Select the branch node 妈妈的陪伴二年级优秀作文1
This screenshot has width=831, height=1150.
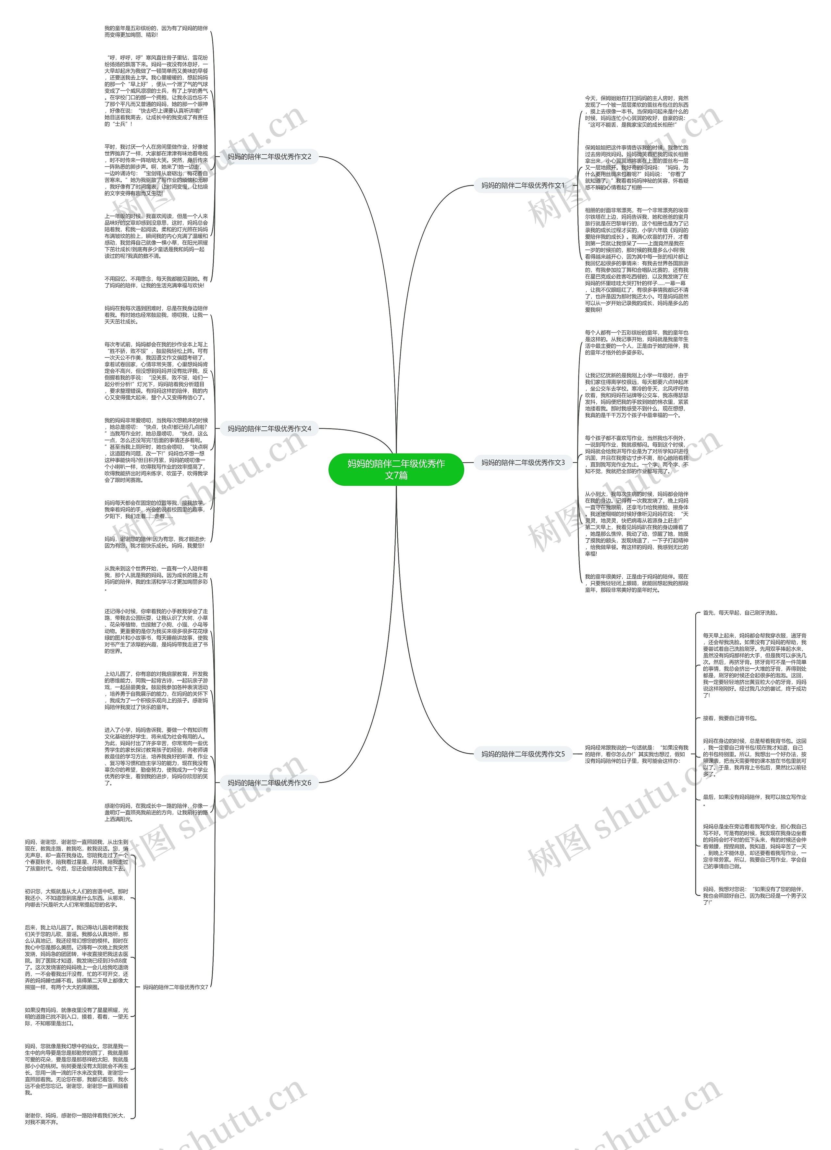[523, 186]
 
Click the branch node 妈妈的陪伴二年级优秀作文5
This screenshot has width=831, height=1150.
[523, 754]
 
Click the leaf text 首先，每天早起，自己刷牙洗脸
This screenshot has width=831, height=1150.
[740, 612]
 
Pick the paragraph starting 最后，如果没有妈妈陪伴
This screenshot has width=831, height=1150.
[754, 800]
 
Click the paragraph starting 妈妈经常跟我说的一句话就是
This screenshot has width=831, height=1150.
[636, 754]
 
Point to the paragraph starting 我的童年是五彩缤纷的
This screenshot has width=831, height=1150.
[156, 31]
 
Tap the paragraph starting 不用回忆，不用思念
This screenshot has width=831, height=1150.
[156, 282]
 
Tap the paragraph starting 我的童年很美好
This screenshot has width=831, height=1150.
[636, 583]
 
